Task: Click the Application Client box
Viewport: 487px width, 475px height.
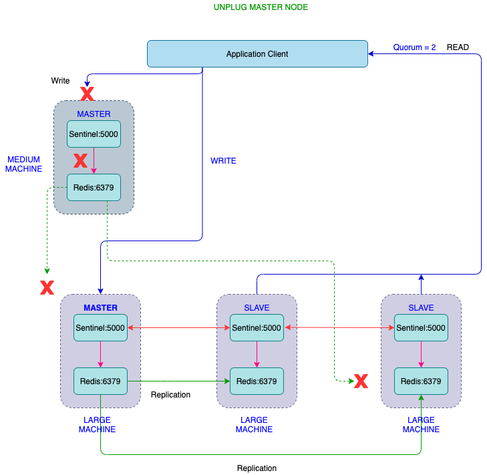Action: [x=257, y=54]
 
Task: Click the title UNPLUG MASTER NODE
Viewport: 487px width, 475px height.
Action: [x=261, y=7]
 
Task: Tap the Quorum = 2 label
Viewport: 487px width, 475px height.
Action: [x=414, y=47]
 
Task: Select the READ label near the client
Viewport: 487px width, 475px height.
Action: [x=458, y=47]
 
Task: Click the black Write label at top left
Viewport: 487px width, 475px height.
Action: [x=60, y=81]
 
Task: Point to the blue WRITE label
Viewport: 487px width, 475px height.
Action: [x=223, y=161]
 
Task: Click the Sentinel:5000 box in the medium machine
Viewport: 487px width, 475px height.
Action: [x=94, y=134]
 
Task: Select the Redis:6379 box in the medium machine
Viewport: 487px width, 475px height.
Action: [x=94, y=187]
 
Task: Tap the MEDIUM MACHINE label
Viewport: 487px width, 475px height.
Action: [x=24, y=164]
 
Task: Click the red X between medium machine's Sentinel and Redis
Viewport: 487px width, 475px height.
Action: [x=80, y=160]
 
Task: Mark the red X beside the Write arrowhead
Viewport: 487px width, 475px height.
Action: [x=87, y=94]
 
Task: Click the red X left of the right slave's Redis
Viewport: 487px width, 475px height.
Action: [x=361, y=381]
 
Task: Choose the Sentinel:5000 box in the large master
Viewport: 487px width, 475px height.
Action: [x=100, y=328]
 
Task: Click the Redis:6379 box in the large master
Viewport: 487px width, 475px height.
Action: [x=100, y=381]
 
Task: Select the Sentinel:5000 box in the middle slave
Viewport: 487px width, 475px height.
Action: [x=257, y=328]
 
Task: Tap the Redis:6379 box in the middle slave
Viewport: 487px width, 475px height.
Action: [x=257, y=381]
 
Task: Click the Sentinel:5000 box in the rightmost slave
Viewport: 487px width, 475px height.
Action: [x=421, y=328]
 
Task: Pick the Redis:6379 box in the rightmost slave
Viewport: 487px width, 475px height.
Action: [x=421, y=381]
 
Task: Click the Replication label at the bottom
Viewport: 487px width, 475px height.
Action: [x=257, y=468]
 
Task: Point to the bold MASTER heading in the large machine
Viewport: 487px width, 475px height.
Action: [x=100, y=308]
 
